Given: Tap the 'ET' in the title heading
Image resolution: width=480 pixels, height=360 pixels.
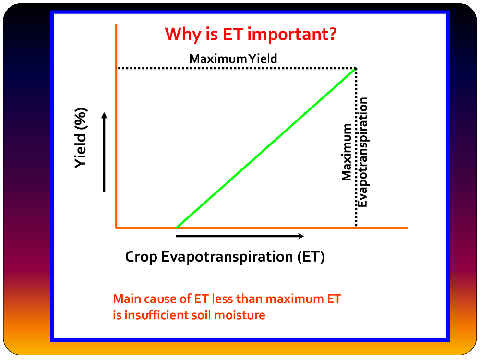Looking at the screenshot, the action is coord(233,34).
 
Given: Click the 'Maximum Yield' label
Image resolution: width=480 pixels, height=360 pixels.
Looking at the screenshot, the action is coord(233,59).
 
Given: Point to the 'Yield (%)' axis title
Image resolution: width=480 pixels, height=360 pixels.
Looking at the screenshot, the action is coord(81,138).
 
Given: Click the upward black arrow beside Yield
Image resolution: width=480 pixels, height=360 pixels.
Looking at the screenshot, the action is coord(104,152).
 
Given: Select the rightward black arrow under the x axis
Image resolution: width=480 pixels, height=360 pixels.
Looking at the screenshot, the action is coord(240,236).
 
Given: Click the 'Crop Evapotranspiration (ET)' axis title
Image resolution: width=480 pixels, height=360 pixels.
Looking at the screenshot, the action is coord(225,256).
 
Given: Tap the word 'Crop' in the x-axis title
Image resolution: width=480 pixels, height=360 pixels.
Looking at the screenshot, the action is coord(141,257).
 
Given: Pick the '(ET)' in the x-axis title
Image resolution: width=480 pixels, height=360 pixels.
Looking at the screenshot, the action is coord(311,256).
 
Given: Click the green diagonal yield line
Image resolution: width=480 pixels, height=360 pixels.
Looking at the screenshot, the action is coord(266,148).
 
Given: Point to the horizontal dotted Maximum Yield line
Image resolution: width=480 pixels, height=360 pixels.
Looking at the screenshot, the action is coord(237,68).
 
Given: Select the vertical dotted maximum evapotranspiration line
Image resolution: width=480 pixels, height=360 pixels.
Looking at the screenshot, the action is coord(356,147).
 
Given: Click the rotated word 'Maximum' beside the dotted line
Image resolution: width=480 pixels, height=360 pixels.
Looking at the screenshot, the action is coord(347,152).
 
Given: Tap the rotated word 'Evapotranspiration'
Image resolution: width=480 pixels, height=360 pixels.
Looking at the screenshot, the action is coord(363,152).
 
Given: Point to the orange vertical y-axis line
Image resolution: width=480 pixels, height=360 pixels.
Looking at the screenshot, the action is coord(116,126).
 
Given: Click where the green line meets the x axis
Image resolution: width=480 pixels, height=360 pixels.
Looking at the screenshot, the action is coord(177,228).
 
